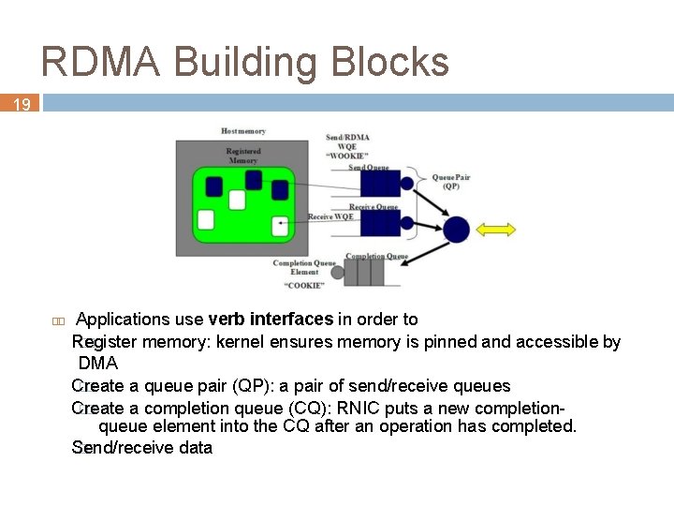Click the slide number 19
point(21,104)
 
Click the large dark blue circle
point(456,229)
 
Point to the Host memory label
point(243,131)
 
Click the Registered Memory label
point(243,156)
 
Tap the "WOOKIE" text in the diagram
point(346,156)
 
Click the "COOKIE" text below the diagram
point(305,285)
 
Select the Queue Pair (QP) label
point(450,181)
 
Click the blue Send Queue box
point(379,185)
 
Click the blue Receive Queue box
point(379,223)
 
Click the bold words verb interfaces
point(271,320)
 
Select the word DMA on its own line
point(98,364)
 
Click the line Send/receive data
point(142,448)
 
